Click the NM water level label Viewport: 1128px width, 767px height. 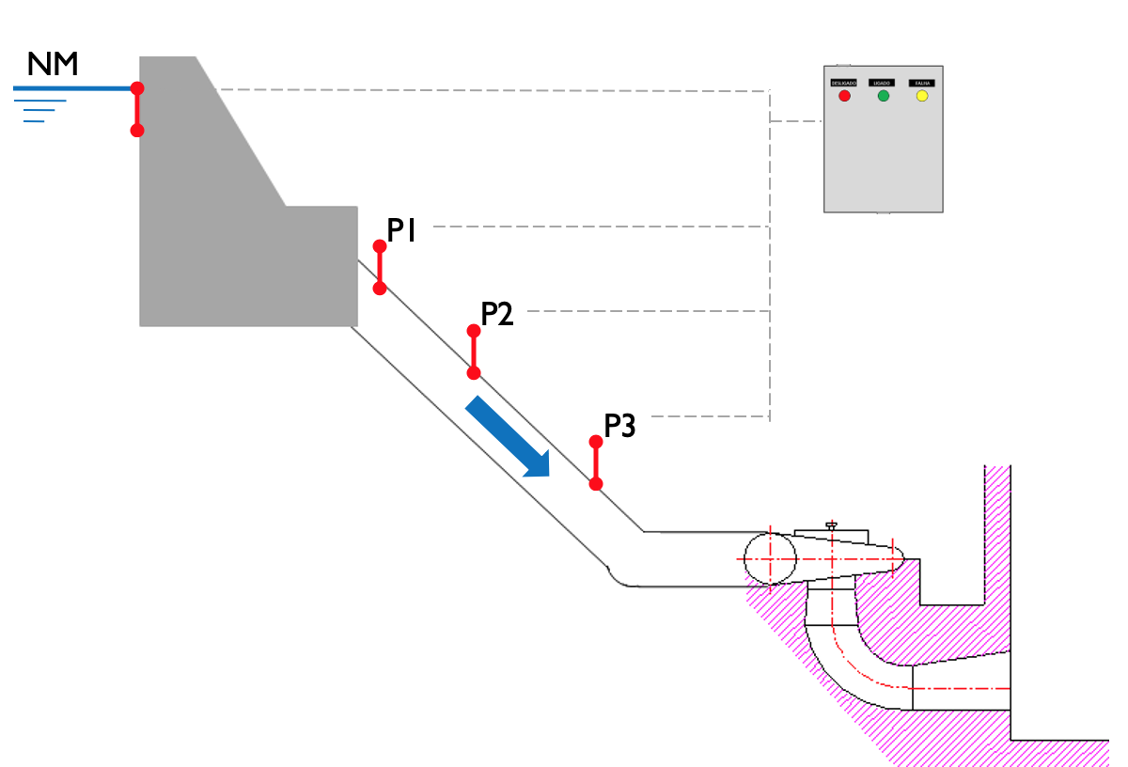pos(53,64)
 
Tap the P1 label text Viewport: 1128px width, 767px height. pos(401,230)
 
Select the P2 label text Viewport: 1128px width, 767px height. pos(497,313)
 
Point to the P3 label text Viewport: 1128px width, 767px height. pos(619,426)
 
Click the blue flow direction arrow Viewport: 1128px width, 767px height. pos(509,436)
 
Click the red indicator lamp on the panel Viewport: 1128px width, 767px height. pos(844,96)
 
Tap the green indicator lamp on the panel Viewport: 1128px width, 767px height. pos(883,96)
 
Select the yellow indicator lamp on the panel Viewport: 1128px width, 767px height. pos(922,96)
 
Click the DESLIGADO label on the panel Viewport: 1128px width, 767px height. pos(843,83)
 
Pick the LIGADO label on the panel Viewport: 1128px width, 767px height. pos(883,83)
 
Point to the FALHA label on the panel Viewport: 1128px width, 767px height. pos(922,83)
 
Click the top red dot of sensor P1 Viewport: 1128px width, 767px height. pos(380,246)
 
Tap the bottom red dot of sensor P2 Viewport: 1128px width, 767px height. pos(474,373)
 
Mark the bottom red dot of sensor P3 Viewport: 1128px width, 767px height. pos(596,484)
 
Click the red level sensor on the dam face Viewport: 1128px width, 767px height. pos(137,109)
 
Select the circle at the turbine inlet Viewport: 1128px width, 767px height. pos(770,557)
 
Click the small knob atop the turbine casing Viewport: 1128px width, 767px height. pos(831,524)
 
